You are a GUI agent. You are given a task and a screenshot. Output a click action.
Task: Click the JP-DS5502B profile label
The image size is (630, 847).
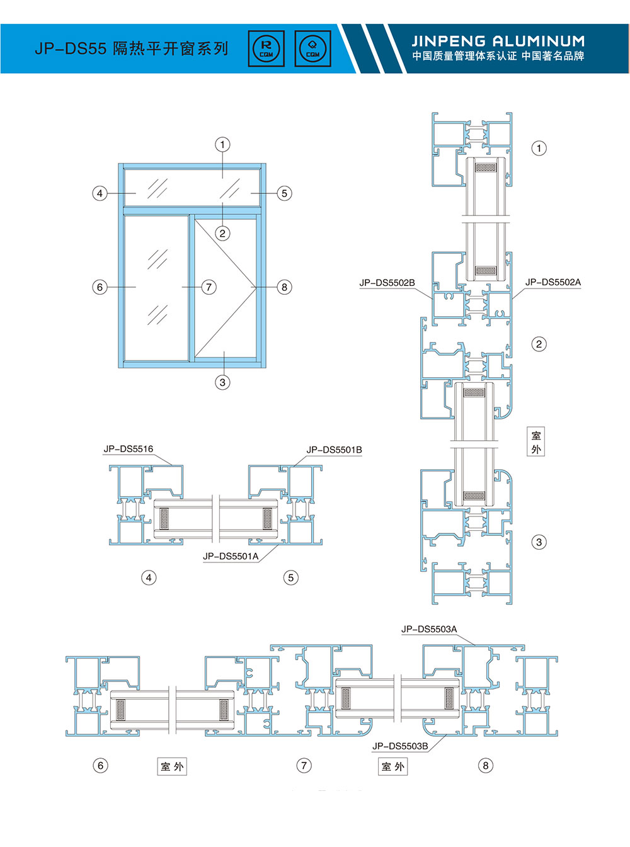point(387,283)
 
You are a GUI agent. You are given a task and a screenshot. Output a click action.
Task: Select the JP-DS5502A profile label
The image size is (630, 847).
point(553,282)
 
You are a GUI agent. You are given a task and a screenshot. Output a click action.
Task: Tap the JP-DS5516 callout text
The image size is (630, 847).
point(129,449)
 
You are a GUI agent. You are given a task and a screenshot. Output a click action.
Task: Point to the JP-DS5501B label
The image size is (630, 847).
point(334,450)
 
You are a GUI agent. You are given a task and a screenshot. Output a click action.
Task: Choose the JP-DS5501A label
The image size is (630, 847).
point(231,557)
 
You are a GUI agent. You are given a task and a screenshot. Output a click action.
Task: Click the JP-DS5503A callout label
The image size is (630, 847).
point(429,629)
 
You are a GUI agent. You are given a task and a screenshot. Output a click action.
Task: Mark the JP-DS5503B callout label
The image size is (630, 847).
point(401,746)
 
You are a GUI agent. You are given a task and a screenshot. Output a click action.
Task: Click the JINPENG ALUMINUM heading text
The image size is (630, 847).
point(498,41)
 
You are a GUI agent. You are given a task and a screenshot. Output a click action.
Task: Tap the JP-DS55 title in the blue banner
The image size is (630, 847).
point(71,49)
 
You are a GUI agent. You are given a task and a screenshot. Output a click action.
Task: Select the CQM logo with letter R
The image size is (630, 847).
point(266,48)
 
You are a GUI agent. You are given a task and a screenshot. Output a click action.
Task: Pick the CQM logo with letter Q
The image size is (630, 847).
point(313,48)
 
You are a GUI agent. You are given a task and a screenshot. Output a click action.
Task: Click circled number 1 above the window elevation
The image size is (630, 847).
point(223,145)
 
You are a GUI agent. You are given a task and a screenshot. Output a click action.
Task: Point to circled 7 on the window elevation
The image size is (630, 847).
point(209,287)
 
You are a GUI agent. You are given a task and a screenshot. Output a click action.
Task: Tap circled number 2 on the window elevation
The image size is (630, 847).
point(223,233)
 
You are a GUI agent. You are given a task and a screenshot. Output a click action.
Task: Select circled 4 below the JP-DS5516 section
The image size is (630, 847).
point(149,577)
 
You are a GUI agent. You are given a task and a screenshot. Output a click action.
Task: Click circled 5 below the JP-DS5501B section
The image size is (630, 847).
point(290,577)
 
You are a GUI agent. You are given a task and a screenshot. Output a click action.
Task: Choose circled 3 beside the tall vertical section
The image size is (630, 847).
point(539,542)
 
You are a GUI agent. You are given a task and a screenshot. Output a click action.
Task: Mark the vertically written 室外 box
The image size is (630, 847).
point(536,442)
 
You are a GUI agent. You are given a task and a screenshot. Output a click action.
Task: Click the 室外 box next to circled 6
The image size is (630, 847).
point(172,766)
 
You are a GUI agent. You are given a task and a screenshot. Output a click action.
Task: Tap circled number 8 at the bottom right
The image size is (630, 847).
point(486,765)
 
